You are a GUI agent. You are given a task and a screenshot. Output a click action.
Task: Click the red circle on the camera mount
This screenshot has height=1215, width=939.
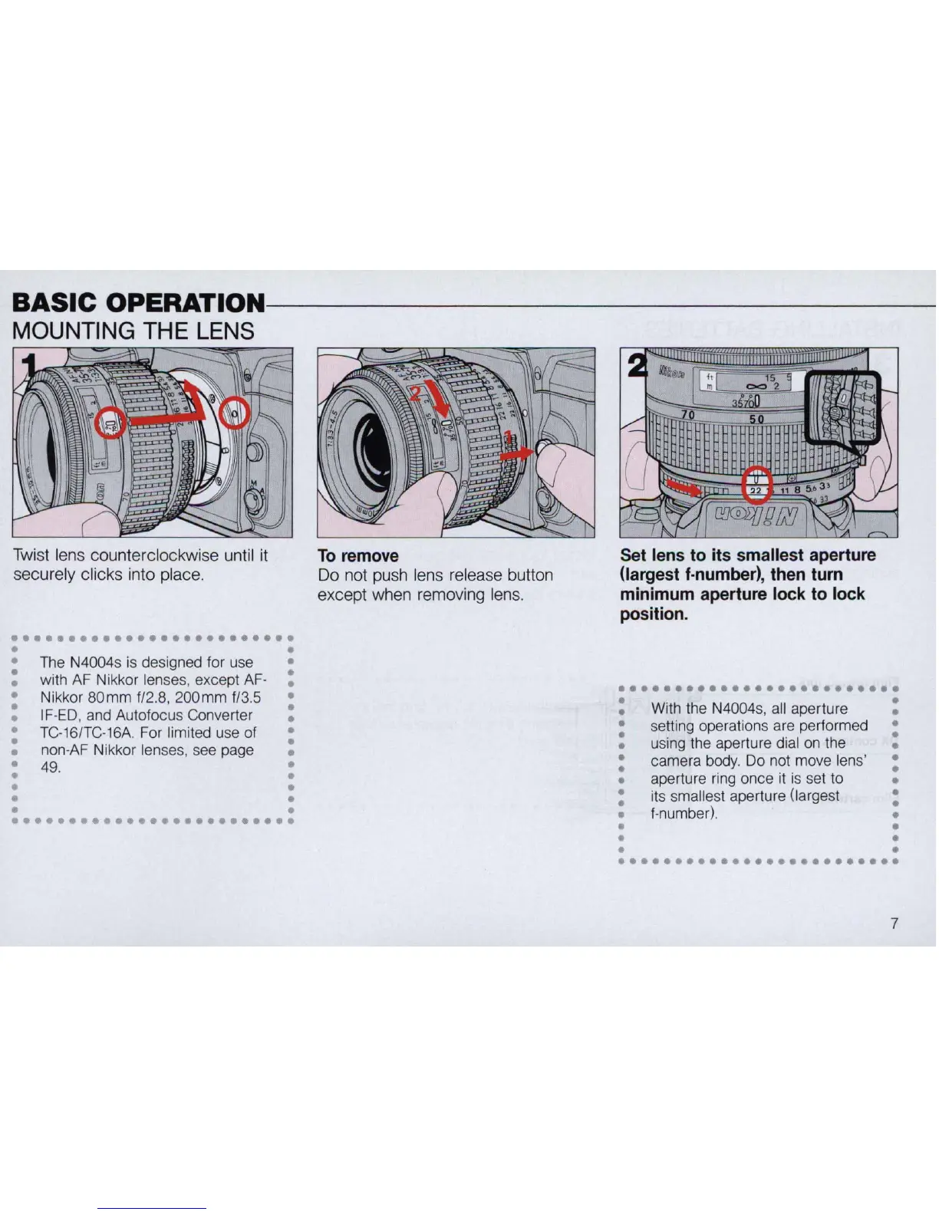(234, 415)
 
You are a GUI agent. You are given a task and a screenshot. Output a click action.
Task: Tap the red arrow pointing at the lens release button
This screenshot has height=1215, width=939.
(517, 453)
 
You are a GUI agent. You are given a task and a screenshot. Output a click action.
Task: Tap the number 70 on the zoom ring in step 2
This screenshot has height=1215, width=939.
(687, 415)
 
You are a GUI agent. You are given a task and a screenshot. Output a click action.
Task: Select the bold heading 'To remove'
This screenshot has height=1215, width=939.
(358, 556)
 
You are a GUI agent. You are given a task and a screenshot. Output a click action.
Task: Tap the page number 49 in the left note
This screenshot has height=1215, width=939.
(50, 767)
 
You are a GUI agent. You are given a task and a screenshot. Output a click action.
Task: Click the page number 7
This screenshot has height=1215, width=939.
(894, 923)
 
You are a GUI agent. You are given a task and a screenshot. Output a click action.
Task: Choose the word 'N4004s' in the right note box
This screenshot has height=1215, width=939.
(736, 709)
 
